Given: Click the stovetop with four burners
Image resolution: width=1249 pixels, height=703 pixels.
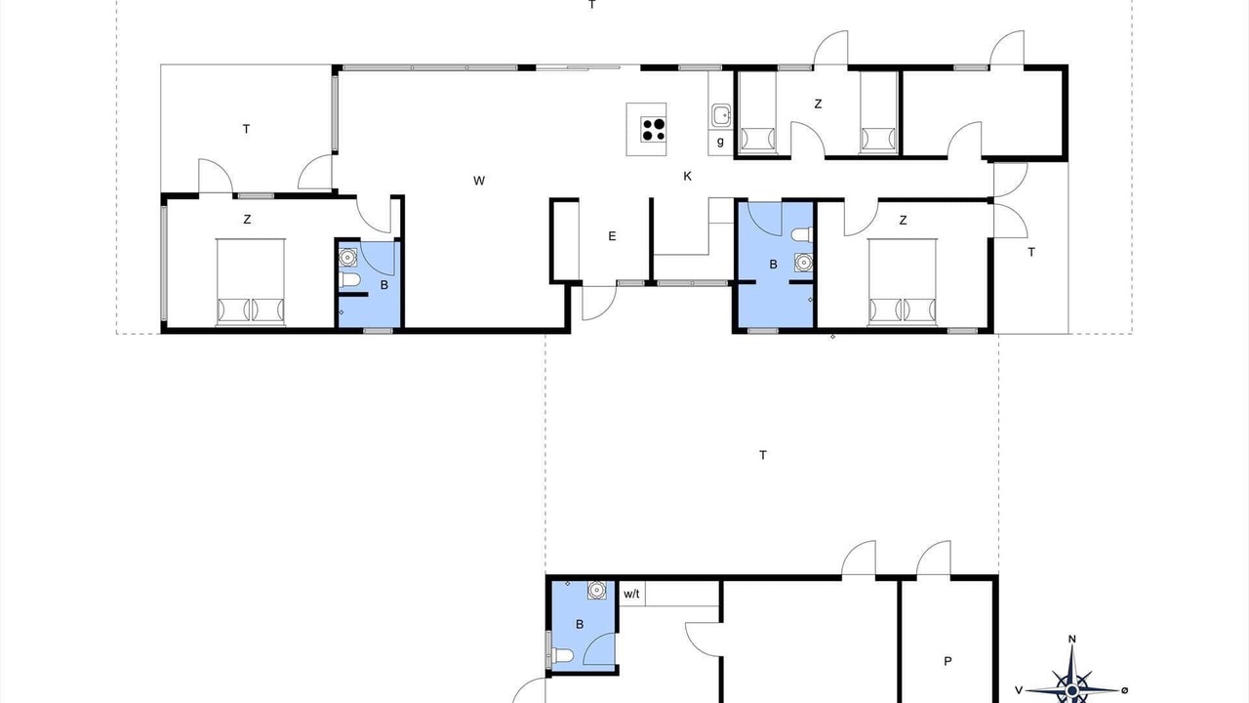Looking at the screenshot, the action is click(x=653, y=130).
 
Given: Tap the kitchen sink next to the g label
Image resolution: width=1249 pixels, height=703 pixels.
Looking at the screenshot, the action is click(x=721, y=115).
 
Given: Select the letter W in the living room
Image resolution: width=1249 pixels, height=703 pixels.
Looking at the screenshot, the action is click(x=479, y=181).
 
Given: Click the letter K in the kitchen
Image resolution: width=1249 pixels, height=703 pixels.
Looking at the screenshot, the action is click(x=688, y=177).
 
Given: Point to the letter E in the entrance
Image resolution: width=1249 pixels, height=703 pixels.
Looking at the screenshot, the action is click(x=612, y=236).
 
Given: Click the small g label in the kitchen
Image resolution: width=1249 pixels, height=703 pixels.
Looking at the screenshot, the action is click(x=720, y=142).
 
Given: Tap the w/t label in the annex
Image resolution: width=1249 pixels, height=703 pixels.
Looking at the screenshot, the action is click(x=631, y=594).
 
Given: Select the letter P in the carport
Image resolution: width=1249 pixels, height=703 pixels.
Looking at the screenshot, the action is click(x=947, y=662).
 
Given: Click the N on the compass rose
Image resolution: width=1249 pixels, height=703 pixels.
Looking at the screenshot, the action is click(x=1071, y=640).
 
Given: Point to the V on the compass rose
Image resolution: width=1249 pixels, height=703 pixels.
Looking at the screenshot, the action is click(x=1019, y=690).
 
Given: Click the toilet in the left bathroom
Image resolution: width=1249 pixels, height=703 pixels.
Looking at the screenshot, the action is click(x=348, y=280).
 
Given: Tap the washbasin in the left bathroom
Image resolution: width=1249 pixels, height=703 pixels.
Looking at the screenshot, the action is click(x=348, y=257).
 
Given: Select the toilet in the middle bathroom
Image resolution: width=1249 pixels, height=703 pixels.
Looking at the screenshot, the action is click(x=802, y=235).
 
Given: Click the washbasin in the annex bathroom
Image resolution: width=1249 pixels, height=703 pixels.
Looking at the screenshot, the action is click(x=596, y=590).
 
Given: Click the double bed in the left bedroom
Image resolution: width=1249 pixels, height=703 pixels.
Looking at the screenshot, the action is click(x=251, y=282).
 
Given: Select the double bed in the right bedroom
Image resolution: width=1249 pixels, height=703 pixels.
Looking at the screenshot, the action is click(x=903, y=282).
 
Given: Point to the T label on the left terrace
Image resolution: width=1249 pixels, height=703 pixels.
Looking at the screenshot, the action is click(x=246, y=130).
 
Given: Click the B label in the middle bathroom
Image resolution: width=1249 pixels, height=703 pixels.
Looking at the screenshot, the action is click(x=774, y=265).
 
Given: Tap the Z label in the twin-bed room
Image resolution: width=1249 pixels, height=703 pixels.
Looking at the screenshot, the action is click(x=818, y=103).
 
